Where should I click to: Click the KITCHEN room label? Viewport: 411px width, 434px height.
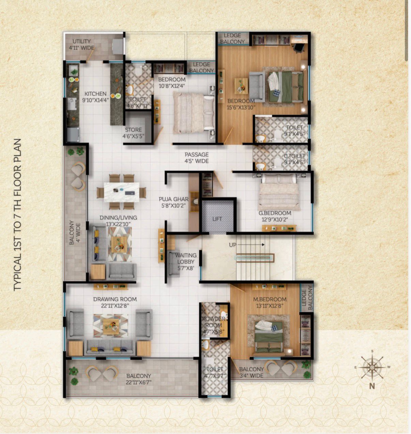pos(95,94)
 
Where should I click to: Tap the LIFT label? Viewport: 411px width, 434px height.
pos(217,219)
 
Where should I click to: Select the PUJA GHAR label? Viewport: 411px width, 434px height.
pos(173,199)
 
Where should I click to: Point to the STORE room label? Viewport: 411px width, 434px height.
pos(133,130)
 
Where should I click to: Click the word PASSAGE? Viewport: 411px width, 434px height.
pos(197,154)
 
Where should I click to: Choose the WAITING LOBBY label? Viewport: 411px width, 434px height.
pos(186,258)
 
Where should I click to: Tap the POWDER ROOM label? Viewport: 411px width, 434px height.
pos(213,322)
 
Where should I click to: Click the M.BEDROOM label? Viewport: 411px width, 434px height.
pos(270,299)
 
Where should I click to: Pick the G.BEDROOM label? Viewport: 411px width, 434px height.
pos(275,213)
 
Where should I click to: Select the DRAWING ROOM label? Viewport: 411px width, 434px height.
pos(115,299)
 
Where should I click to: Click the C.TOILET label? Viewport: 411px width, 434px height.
pos(294,156)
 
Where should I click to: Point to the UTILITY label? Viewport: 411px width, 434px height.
pos(81,41)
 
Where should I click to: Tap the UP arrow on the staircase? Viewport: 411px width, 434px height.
pos(252,244)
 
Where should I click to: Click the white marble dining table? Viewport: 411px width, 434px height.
pos(121,192)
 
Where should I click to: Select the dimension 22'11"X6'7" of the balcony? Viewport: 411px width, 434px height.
pos(138,382)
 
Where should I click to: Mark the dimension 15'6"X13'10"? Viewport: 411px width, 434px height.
pos(241,107)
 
